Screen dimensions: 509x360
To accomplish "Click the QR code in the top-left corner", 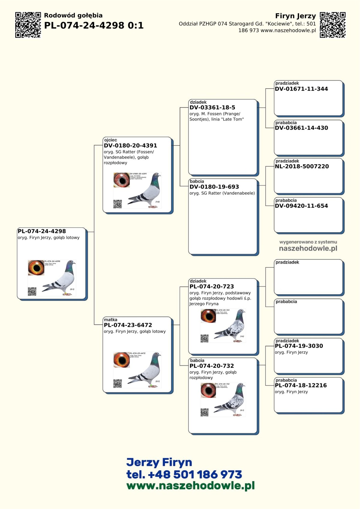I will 28,25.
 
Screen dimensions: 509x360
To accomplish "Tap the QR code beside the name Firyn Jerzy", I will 333,25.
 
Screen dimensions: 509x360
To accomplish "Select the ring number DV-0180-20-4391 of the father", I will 130,145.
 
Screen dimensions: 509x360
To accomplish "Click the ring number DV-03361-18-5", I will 212,107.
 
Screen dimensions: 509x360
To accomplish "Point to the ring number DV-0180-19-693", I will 214,187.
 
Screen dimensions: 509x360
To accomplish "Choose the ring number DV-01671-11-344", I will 301,89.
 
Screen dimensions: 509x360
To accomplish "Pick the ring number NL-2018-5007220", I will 302,166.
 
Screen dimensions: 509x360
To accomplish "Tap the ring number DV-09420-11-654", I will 301,206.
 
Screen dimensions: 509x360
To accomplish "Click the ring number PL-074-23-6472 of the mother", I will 128,325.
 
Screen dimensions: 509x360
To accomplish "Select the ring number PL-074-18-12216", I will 301,385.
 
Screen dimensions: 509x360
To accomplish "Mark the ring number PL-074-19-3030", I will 299,346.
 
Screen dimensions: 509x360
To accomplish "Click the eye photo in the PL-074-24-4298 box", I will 36,268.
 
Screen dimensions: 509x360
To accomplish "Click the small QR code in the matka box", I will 118,384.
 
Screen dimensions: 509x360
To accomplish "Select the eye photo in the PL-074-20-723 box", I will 208,316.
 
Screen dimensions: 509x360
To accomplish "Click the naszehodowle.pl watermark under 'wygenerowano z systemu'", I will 308,248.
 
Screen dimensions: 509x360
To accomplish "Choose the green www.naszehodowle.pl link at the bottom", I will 190,486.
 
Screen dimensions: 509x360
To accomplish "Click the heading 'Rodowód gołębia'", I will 73,16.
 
